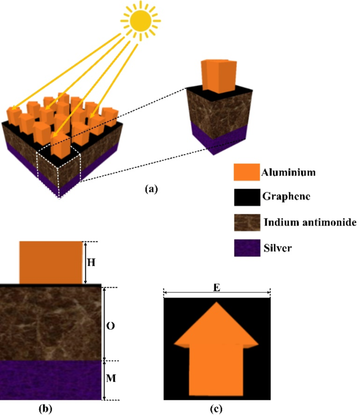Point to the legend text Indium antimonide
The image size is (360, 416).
tap(309, 222)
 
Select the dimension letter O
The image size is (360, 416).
tap(111, 324)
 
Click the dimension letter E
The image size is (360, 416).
tap(217, 287)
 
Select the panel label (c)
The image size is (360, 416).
tap(217, 408)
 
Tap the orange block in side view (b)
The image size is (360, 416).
tap(51, 262)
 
